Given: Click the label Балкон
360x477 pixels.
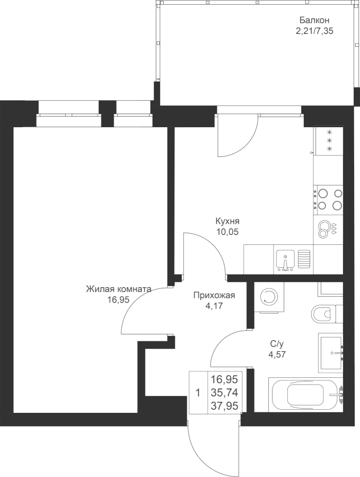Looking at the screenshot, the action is [314, 20].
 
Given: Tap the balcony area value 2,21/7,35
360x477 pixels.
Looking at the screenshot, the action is [314, 31].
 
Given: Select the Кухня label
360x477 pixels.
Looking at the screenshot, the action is [227, 220].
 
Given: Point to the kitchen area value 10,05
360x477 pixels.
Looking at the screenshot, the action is [227, 232].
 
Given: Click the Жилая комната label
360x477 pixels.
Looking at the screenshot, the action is [118, 289].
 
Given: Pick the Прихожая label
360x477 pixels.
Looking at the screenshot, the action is [214, 295].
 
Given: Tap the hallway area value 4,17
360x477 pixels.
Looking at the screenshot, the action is [214, 306].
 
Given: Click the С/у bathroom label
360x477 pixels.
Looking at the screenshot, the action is [277, 344].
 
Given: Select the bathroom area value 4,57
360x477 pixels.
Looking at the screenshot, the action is [277, 355].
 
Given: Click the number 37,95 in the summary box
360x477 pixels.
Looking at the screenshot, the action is [225, 405].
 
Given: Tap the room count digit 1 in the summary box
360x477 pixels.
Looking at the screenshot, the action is [198, 393].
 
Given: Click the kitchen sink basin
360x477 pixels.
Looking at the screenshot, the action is [285, 260].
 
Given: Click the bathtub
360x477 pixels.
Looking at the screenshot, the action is [306, 395].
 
